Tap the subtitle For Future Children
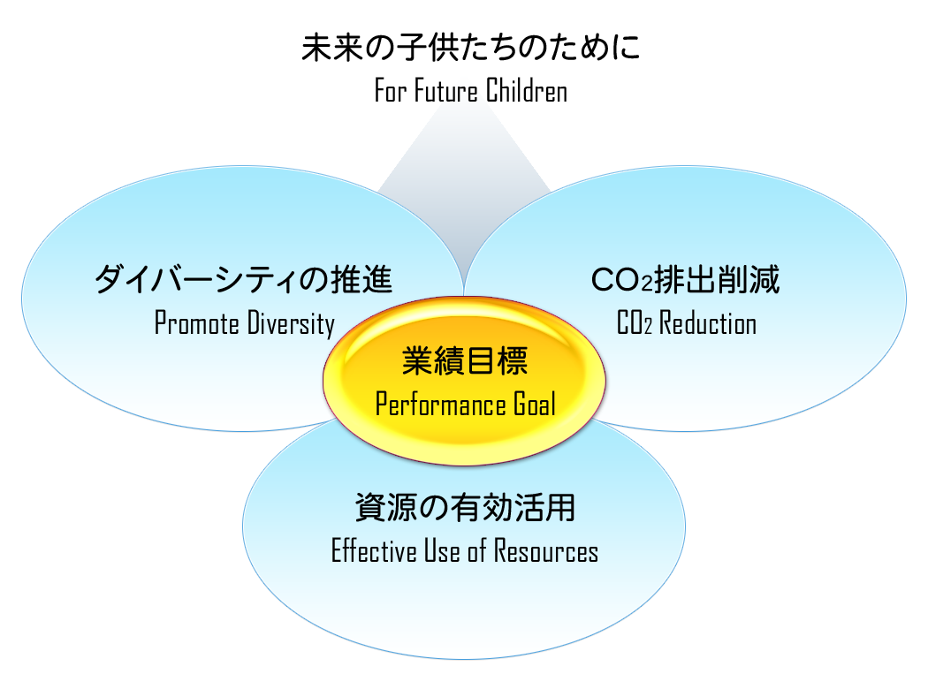[470, 91]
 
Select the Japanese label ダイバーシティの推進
[243, 281]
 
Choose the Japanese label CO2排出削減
[685, 281]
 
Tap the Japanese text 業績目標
[465, 360]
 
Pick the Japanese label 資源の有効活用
[465, 508]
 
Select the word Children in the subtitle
[525, 91]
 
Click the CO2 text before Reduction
[635, 323]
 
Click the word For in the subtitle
[390, 91]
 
